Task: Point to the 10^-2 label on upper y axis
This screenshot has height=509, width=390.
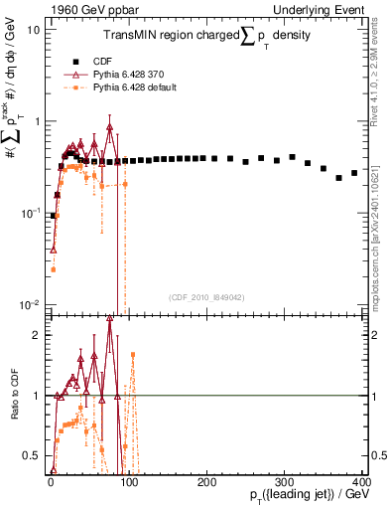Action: click(x=32, y=303)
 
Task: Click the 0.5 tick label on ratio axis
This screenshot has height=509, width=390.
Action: click(x=33, y=456)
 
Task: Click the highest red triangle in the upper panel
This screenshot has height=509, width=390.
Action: click(x=110, y=127)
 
